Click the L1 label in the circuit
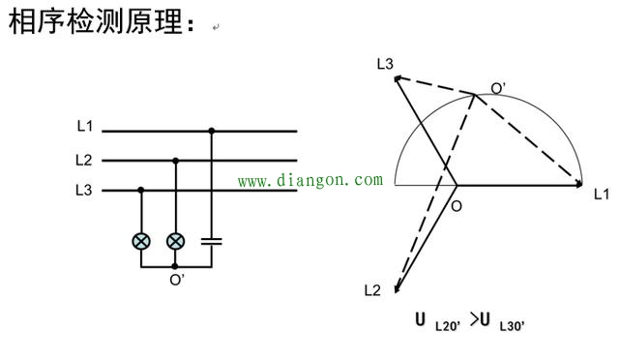pyautogui.click(x=84, y=127)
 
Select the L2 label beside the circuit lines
pyautogui.click(x=84, y=159)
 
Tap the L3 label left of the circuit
pyautogui.click(x=84, y=191)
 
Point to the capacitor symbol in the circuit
pyautogui.click(x=212, y=238)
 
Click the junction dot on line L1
pyautogui.click(x=212, y=130)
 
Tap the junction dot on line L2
pyautogui.click(x=175, y=161)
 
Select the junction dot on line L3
pyautogui.click(x=142, y=192)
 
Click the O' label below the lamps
pyautogui.click(x=177, y=281)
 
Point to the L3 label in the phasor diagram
pyautogui.click(x=385, y=64)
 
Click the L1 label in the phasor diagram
pyautogui.click(x=602, y=194)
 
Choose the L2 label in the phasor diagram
pyautogui.click(x=373, y=290)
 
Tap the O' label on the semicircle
pyautogui.click(x=498, y=88)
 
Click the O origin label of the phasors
pyautogui.click(x=457, y=205)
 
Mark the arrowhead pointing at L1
pyautogui.click(x=579, y=183)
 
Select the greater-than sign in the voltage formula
pyautogui.click(x=476, y=320)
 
